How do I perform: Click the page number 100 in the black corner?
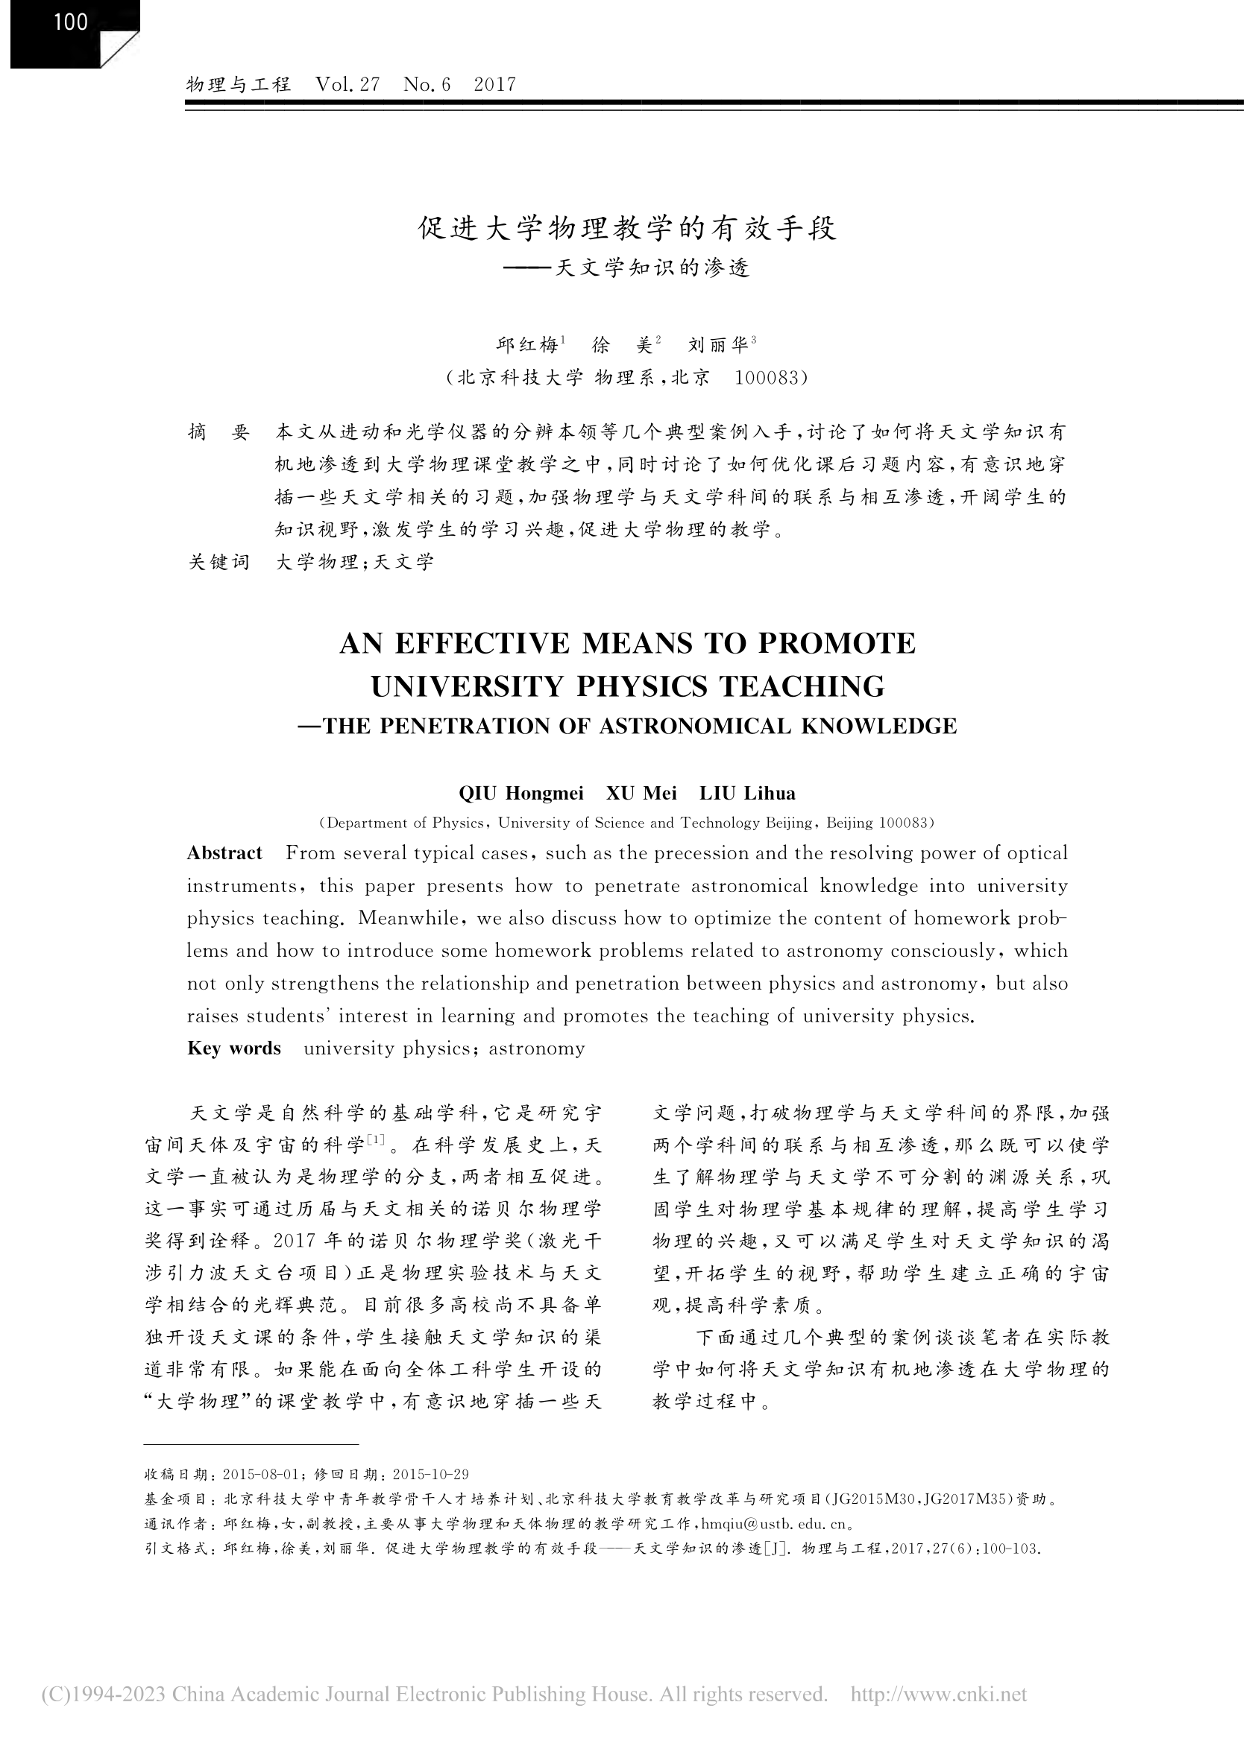71,22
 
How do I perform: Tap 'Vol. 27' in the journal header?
347,83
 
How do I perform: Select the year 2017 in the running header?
494,83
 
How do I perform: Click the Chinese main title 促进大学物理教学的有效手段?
626,228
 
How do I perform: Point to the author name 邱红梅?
527,345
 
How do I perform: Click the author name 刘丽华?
718,345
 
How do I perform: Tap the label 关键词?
219,562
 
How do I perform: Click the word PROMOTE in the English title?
837,643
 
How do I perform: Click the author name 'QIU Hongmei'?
520,793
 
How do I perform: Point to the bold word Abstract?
224,853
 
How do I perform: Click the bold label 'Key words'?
234,1048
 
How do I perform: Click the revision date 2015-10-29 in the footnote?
431,1475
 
